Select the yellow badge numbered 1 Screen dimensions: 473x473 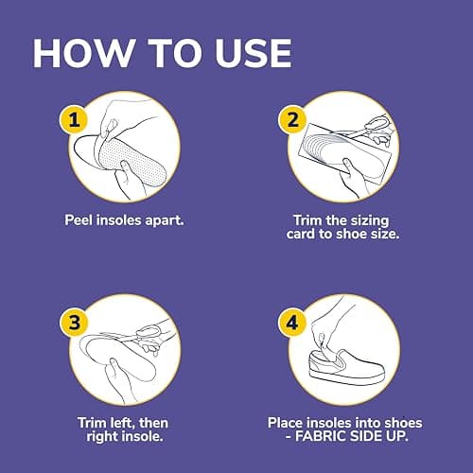(x=74, y=120)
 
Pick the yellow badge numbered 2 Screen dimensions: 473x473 (x=292, y=120)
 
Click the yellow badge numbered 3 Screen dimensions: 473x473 (x=74, y=323)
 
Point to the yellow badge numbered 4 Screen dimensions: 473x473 (x=292, y=323)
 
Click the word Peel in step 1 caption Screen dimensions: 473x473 (x=79, y=220)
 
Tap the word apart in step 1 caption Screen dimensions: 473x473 (x=165, y=220)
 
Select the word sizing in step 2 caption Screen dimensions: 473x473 (x=370, y=221)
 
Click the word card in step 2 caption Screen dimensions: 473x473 (x=300, y=234)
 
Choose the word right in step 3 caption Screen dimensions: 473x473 (x=102, y=437)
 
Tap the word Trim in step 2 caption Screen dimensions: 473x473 (x=308, y=220)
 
